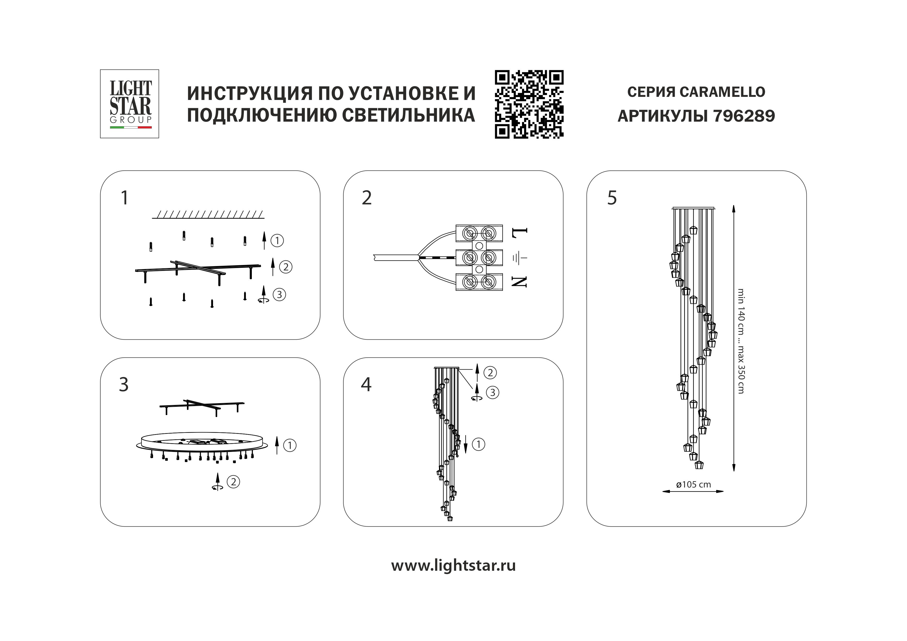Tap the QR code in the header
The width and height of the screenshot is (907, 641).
(x=529, y=104)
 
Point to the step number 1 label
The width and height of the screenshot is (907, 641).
(x=124, y=198)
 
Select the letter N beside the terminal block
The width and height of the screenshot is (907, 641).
(x=519, y=282)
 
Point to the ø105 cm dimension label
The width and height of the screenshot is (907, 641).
(x=693, y=484)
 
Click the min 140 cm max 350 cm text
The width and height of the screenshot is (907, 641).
(x=741, y=341)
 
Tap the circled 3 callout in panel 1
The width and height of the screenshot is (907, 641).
(x=279, y=294)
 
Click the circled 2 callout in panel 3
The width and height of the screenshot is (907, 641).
(x=233, y=482)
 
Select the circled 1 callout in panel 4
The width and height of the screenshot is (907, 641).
(x=478, y=444)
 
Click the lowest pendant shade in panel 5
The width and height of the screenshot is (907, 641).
(x=699, y=465)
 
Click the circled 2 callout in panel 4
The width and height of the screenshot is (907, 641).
(x=490, y=372)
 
